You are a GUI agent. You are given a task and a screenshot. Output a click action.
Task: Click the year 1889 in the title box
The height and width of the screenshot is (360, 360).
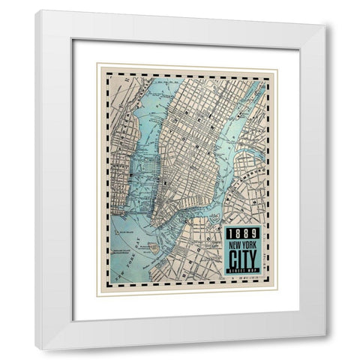tap(242, 233)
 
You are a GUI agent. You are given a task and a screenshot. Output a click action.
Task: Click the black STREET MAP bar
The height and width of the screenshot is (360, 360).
tap(242, 268)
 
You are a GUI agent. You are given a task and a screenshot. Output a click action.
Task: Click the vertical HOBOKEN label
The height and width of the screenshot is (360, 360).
tap(118, 142)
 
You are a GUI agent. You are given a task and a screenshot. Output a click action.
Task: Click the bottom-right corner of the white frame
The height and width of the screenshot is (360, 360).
tap(324, 348)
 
